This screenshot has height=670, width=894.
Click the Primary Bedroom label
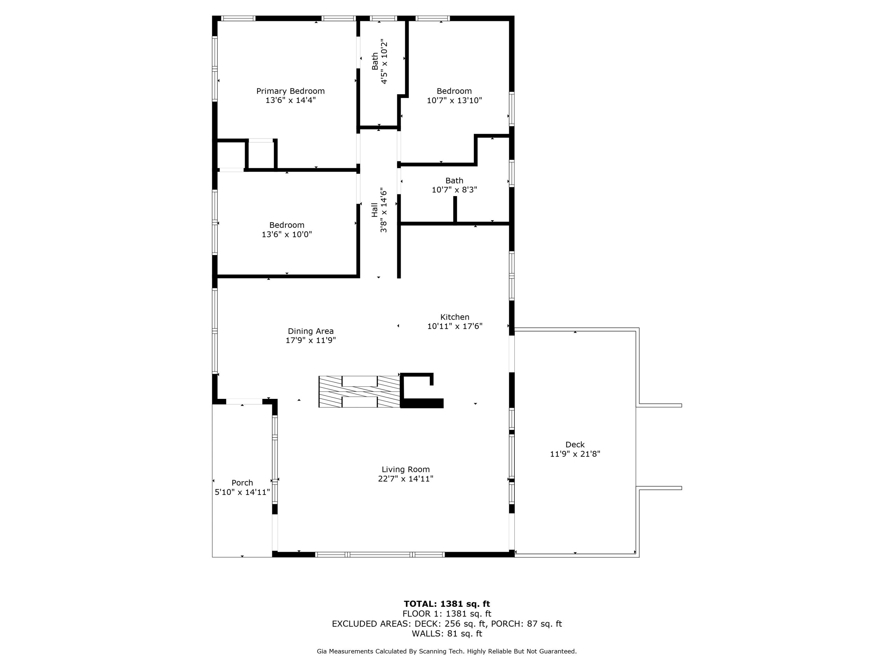290,91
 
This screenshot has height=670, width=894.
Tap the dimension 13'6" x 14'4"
290,100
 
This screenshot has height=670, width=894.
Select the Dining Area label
310,331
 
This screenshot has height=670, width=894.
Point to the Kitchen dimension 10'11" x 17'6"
455,326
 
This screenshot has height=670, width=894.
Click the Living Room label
405,469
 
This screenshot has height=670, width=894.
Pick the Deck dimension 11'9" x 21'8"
575,454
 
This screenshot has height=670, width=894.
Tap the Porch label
242,483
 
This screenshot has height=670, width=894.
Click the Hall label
375,210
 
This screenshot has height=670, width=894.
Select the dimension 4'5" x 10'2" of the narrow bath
384,61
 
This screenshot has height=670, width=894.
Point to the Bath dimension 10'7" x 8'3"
454,189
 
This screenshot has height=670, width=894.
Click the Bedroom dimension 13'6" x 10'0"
287,234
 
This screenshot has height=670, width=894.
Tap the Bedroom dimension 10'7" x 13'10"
454,100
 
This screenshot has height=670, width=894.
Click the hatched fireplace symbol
359,392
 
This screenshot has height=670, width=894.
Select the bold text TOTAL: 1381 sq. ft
447,604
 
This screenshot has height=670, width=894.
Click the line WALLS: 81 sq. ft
447,633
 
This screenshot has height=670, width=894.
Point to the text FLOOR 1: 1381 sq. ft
447,613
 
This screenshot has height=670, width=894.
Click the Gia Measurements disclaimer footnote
447,651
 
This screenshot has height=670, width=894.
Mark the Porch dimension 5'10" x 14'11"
242,492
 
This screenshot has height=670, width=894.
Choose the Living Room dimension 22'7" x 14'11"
405,478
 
